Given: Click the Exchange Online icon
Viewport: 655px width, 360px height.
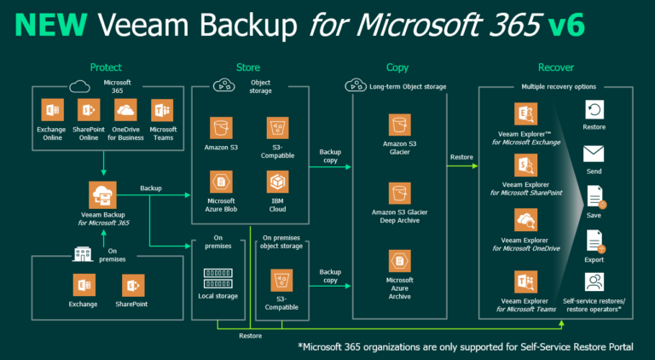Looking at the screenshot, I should point(50,111).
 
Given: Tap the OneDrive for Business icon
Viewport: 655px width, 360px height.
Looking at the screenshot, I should point(125,111).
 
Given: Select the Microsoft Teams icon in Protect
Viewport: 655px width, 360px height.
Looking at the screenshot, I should point(163,111).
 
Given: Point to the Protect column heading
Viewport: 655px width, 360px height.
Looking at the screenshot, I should point(106,67).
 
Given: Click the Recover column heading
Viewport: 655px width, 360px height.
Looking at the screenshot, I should point(555,67).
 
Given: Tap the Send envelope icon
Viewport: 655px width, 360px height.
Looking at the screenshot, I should point(594,154).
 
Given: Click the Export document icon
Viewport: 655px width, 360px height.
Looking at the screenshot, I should point(594,241).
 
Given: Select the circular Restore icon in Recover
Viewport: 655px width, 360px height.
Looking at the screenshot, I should point(594,109).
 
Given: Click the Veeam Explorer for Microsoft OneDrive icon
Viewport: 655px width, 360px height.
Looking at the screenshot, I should point(525,221).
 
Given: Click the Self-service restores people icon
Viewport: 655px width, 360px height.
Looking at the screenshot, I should point(594,282).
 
